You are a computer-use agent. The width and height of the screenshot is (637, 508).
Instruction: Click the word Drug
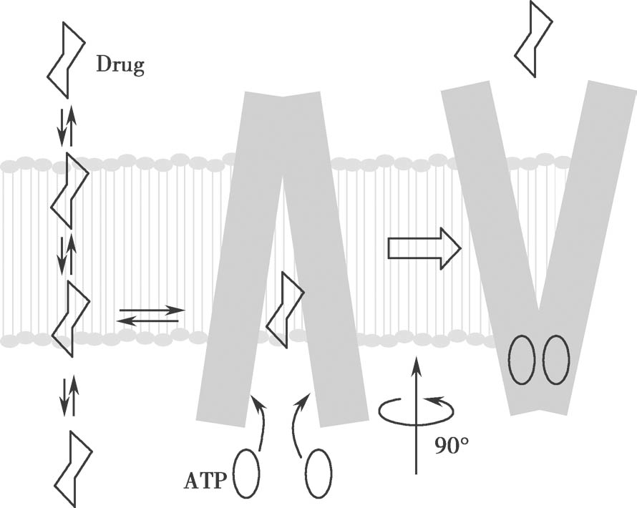[x=120, y=67]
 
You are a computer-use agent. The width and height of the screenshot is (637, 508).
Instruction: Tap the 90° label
[x=452, y=447]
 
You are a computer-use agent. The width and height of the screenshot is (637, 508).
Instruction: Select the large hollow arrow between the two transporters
[x=423, y=248]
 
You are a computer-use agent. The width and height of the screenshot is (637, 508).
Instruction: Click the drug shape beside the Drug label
[x=66, y=59]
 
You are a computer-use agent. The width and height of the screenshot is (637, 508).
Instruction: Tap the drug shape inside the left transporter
[x=285, y=308]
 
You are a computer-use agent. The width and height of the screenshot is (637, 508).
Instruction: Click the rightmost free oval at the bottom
[x=318, y=474]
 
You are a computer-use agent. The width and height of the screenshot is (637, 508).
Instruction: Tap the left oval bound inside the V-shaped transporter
[x=522, y=361]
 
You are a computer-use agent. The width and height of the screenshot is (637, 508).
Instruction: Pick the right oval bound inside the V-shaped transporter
[x=556, y=361]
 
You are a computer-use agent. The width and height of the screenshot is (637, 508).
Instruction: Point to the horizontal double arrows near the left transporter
[x=150, y=316]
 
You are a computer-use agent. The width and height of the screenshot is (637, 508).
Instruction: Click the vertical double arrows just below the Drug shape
[x=66, y=125]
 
